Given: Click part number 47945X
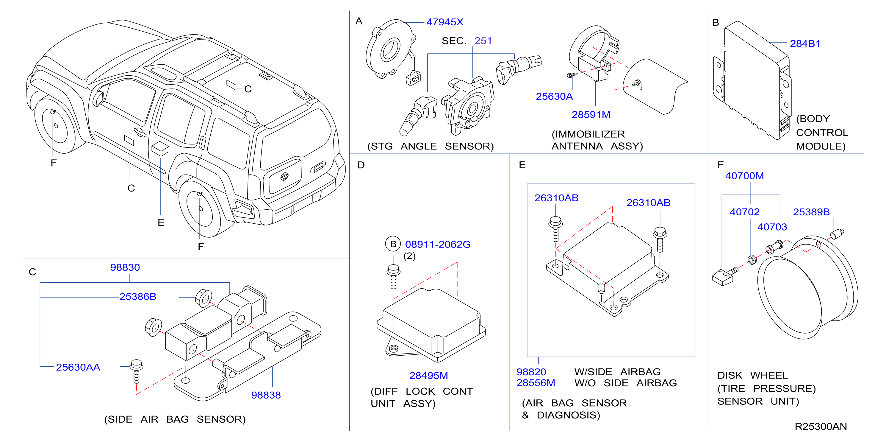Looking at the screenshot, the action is point(445,22).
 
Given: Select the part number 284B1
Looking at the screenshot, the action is point(805,44).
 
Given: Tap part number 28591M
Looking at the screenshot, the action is point(591,115).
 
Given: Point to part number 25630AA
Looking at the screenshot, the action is point(78,367).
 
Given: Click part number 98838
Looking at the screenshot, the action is point(266,395).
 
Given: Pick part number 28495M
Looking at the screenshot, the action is point(428,376).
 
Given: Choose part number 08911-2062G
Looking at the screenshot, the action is point(438,245).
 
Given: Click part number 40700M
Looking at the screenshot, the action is point(745,176).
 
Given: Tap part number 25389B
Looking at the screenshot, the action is point(811,212).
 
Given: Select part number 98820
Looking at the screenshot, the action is point(531,372).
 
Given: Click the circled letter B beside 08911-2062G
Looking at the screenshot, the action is point(393,244).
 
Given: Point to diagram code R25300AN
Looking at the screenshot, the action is point(821,427).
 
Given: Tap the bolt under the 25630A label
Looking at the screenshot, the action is point(572,75).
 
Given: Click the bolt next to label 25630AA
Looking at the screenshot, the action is point(137,371).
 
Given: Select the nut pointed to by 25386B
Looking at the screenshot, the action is point(204,298).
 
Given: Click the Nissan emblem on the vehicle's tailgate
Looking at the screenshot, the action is point(284,176).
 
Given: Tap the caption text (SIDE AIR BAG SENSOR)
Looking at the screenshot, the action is point(175,419).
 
